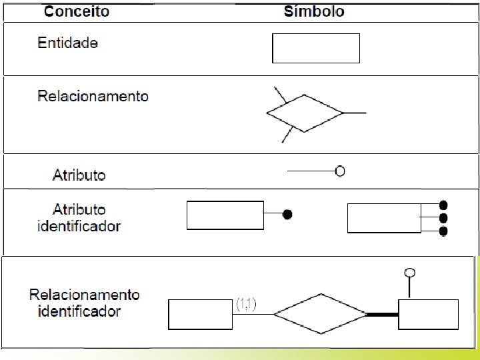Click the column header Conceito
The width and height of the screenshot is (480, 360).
tap(77, 12)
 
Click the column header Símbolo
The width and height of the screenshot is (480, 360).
tap(314, 12)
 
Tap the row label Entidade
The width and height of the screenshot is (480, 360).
tap(68, 43)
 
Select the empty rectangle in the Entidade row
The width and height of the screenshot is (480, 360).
tap(316, 48)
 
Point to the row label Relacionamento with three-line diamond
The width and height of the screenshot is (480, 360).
tap(93, 96)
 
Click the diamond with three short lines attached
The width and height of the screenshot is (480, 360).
tap(305, 114)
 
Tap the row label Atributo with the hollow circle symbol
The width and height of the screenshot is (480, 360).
tap(79, 175)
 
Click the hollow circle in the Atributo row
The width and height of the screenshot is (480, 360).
tap(340, 172)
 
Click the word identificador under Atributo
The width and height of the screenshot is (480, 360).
tap(79, 226)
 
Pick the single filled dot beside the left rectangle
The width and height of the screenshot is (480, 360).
tap(287, 215)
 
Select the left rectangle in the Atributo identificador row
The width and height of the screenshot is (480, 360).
tap(225, 215)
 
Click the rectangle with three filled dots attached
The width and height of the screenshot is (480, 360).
tap(384, 218)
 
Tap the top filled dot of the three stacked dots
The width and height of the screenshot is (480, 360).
tap(443, 206)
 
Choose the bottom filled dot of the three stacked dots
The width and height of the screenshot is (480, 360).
tap(443, 231)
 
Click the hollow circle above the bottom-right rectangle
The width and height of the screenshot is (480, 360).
tap(411, 272)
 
